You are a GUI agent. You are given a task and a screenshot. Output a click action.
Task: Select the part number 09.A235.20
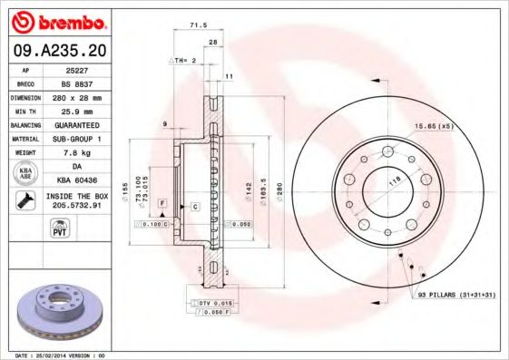tap(57, 51)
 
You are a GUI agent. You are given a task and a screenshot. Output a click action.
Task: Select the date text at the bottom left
tap(55, 355)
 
